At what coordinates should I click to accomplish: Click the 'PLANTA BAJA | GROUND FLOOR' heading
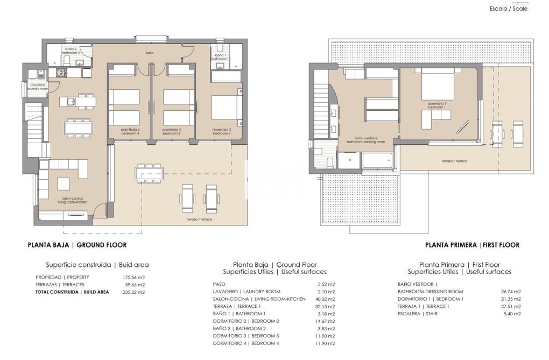tap(77, 245)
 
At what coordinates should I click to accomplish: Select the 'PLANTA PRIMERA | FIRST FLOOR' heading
tap(472, 245)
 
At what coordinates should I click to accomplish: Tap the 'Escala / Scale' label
tap(508, 9)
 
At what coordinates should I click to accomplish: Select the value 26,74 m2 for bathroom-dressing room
tap(510, 292)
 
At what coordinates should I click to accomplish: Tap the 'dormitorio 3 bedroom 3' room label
tap(172, 131)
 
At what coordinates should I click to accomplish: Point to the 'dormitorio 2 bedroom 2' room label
tap(222, 131)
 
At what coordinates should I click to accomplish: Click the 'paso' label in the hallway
tap(150, 53)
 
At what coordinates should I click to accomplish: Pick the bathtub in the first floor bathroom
tap(377, 160)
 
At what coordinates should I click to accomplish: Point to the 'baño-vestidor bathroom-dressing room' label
tap(366, 140)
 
